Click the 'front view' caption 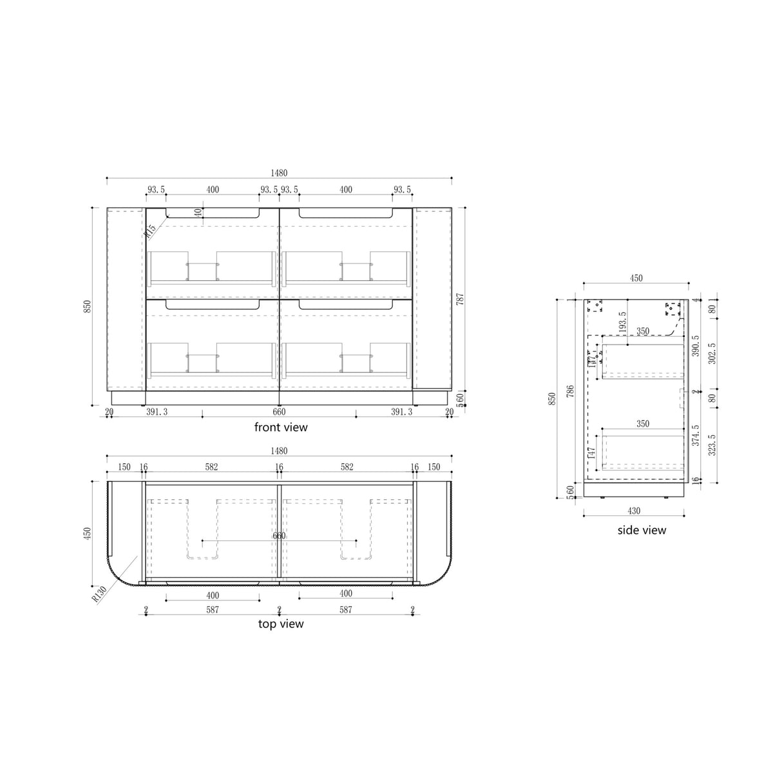click(x=281, y=427)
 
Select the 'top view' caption click(x=281, y=624)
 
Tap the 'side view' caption click(x=641, y=530)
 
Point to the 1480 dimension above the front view click(x=279, y=173)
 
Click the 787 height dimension click(x=460, y=299)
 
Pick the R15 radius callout click(x=151, y=231)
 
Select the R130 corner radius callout click(x=99, y=593)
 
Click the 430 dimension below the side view click(x=634, y=511)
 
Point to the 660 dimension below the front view click(x=279, y=412)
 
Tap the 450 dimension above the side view click(x=636, y=278)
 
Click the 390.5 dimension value click(x=696, y=347)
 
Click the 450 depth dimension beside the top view click(x=87, y=533)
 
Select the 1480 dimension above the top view click(x=279, y=451)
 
